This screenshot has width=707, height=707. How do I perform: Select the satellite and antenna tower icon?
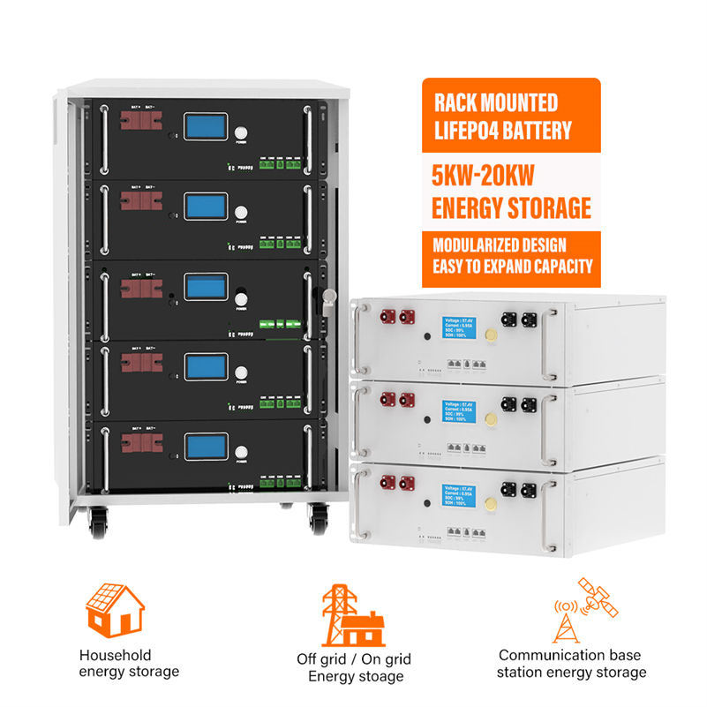[x=584, y=610]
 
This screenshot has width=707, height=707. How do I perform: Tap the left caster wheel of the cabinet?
[x=96, y=523]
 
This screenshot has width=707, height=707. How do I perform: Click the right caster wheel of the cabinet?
[x=319, y=520]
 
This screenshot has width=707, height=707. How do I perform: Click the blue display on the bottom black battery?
[x=205, y=446]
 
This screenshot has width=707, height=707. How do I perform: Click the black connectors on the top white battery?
[x=519, y=319]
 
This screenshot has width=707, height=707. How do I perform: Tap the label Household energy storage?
[x=129, y=663]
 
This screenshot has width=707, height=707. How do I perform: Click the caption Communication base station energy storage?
[x=572, y=664]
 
